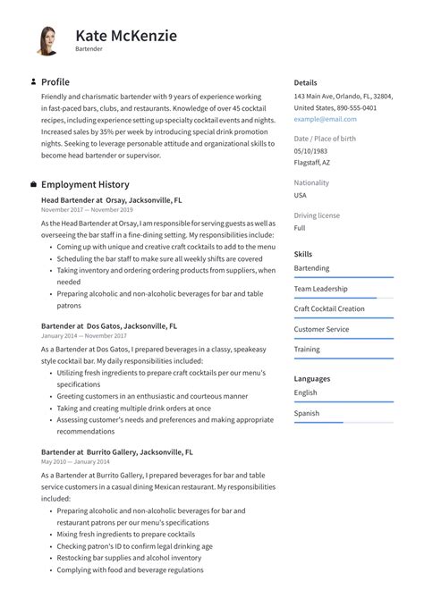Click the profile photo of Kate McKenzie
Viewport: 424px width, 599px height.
(47, 40)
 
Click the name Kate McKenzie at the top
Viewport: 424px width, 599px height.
(126, 35)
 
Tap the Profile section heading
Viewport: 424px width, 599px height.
(55, 82)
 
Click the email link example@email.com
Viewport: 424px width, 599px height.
(325, 119)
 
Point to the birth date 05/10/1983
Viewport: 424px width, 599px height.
(312, 151)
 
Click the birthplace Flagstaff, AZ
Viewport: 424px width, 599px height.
(312, 163)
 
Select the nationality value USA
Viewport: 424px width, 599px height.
(301, 195)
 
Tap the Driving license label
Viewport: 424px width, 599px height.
(317, 215)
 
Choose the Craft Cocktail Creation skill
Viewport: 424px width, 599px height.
(329, 308)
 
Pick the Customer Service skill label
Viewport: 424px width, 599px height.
(321, 329)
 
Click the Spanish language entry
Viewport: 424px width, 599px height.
(307, 413)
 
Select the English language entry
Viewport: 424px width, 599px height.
(306, 392)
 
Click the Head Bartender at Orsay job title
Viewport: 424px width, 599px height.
(112, 201)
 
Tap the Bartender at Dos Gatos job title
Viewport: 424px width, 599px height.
(109, 326)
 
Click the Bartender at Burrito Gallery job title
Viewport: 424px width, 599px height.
(117, 452)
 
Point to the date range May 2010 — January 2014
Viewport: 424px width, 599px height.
(75, 462)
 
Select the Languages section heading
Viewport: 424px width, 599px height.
(312, 378)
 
